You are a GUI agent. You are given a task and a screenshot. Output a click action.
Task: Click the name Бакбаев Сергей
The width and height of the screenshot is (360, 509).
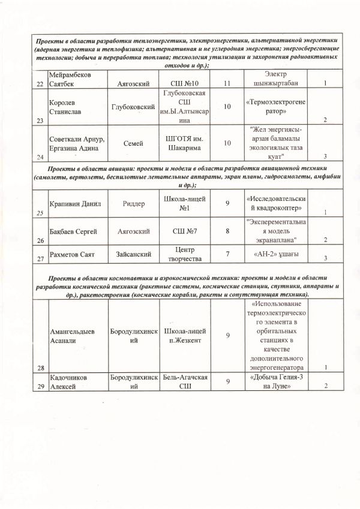coord(74,231)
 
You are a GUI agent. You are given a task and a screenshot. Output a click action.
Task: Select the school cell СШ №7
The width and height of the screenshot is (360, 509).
coord(185,231)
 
